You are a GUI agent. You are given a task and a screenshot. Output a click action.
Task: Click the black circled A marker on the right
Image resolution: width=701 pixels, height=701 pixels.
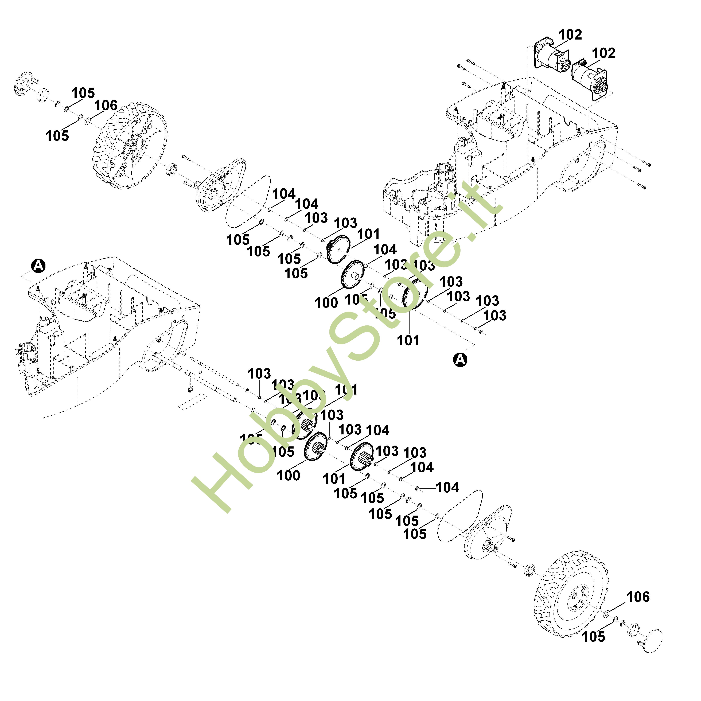click(460, 360)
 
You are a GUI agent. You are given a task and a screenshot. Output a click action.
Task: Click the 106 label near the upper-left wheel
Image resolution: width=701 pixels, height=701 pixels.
click(106, 106)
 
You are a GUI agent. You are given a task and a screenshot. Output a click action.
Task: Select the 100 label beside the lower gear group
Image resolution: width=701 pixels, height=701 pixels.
click(289, 475)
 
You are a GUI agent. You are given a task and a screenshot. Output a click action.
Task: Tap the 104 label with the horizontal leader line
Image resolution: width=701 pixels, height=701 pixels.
click(447, 488)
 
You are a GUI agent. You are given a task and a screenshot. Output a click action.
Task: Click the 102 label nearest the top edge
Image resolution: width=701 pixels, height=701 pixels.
click(570, 35)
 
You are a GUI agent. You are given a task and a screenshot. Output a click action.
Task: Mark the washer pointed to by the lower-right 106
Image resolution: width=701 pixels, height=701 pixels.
click(606, 614)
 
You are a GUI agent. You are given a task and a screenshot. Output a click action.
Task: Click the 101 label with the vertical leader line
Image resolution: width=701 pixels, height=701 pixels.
click(408, 340)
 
